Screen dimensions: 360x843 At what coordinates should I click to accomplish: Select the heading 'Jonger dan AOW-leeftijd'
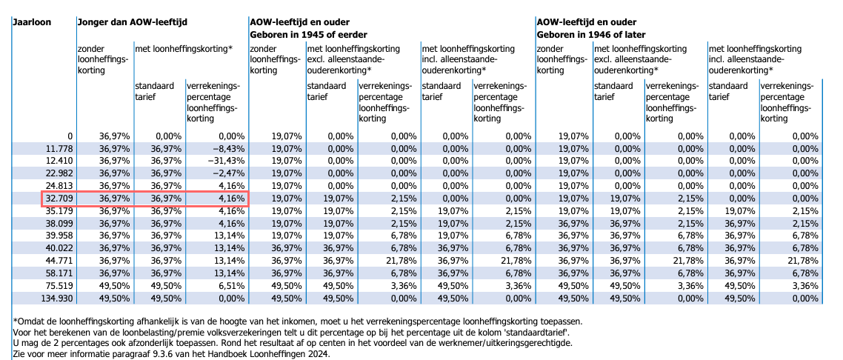[x=132, y=22]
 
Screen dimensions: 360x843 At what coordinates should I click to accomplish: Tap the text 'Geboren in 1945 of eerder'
[x=308, y=35]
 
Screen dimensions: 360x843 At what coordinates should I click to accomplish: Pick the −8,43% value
[x=225, y=148]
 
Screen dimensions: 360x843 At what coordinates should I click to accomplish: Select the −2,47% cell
[x=225, y=173]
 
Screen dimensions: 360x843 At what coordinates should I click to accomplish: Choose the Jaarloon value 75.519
[x=59, y=286]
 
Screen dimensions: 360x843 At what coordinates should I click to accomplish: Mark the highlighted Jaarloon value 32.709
[x=59, y=198]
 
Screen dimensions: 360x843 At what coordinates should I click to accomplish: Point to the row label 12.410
[x=59, y=161]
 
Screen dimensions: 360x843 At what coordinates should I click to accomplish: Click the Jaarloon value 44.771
[x=59, y=261]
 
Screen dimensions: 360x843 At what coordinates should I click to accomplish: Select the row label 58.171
[x=59, y=273]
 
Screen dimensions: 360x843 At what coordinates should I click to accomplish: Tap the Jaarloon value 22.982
[x=59, y=173]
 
